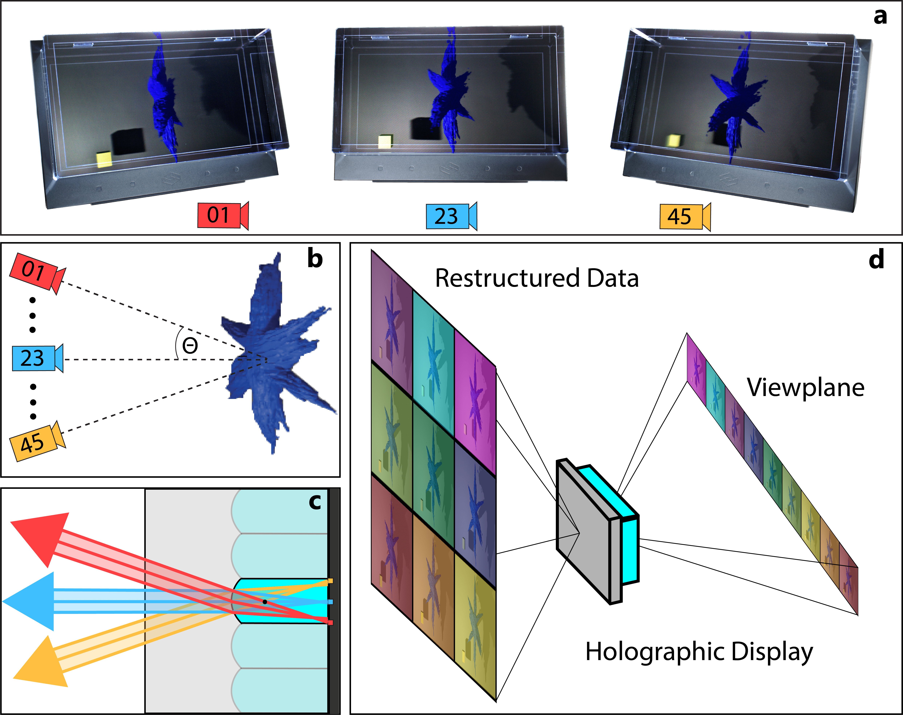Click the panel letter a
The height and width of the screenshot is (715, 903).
(x=880, y=17)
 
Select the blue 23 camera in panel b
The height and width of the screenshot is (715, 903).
(x=37, y=358)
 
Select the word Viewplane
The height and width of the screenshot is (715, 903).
(x=805, y=388)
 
